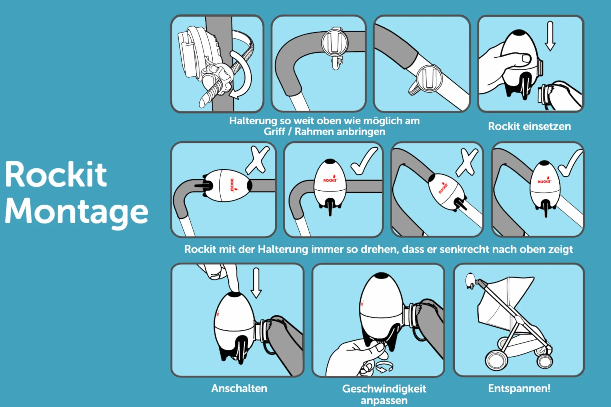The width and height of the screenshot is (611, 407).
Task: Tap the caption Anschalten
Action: coord(239,388)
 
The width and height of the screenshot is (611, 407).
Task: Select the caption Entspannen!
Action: coord(519,388)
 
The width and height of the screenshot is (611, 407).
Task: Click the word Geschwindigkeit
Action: coord(384,389)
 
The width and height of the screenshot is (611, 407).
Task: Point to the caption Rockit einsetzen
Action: coord(529,126)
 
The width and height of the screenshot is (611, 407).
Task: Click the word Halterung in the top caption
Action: coord(253,121)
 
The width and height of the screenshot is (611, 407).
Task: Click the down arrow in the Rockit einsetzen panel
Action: coord(550,36)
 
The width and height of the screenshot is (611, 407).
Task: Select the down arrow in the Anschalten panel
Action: coord(256,283)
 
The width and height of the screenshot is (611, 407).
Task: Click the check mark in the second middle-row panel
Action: coord(364,161)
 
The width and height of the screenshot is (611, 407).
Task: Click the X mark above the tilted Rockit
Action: coord(467,162)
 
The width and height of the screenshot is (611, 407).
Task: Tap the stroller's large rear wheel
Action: coord(496,360)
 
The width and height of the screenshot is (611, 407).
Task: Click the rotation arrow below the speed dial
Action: coord(384,367)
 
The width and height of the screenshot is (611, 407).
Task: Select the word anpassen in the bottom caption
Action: coord(384,401)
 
